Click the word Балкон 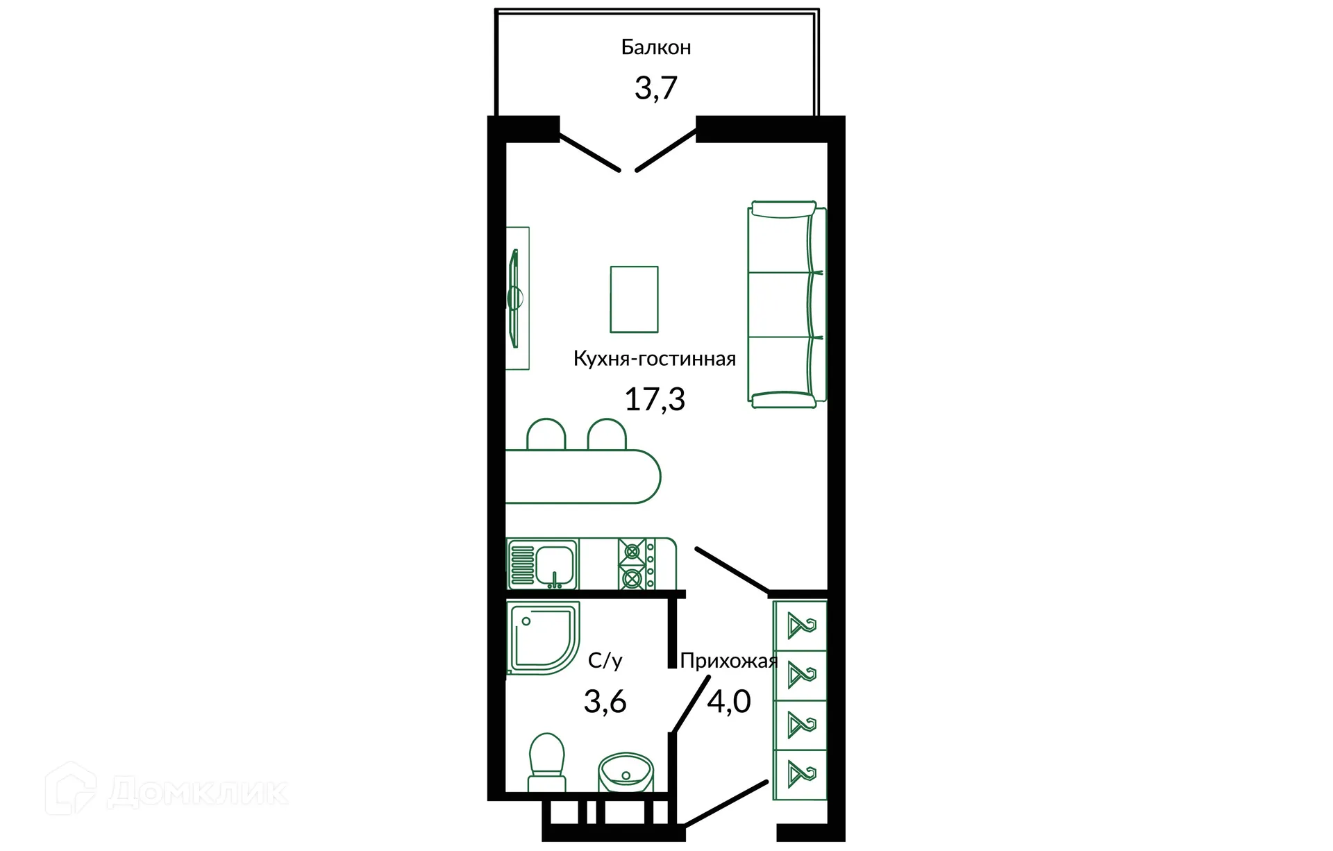655,47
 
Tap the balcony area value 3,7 655,88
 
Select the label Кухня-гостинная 654,359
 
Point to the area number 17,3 654,399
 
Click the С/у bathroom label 605,661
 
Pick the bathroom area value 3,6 605,702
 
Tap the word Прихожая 728,661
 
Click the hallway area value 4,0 728,702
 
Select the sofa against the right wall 786,304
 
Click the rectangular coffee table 634,299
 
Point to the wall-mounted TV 514,298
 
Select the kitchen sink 543,564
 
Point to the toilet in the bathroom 546,762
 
